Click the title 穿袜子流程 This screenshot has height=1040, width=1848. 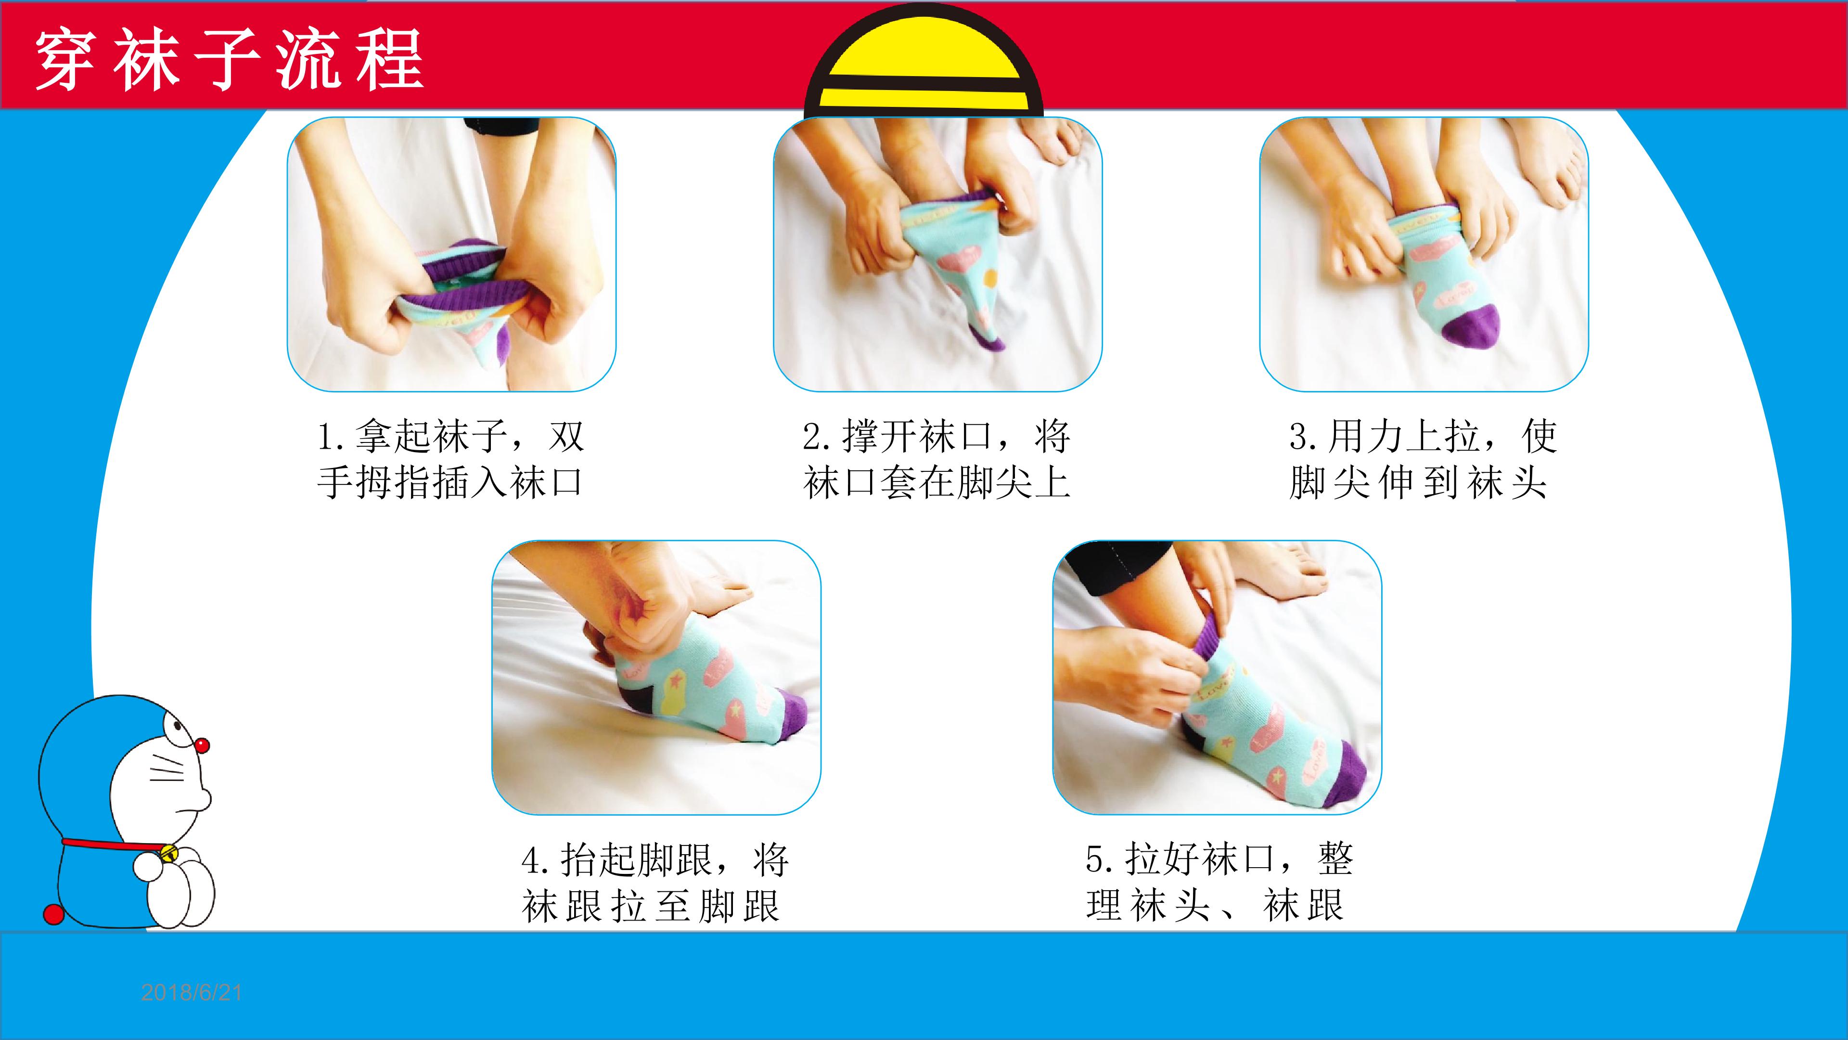(x=230, y=60)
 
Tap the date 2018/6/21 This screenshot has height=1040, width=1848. (x=192, y=993)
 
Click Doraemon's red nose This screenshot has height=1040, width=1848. (x=202, y=746)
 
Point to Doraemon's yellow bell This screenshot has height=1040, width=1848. (x=169, y=853)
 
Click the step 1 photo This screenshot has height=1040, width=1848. (x=452, y=254)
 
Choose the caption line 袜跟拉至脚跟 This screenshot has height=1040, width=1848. (x=651, y=905)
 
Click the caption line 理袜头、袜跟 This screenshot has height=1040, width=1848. (x=1215, y=905)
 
